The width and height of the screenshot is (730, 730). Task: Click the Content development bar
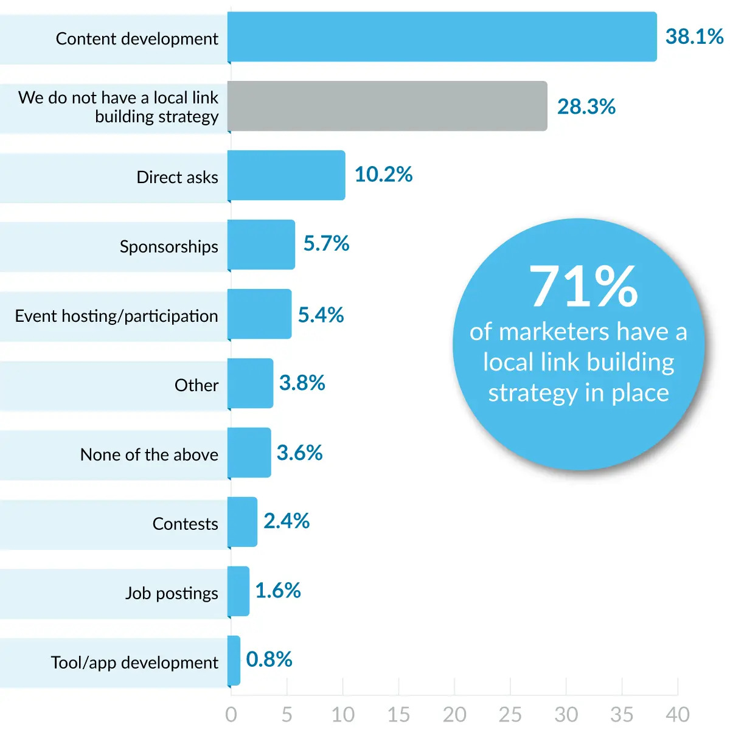click(442, 36)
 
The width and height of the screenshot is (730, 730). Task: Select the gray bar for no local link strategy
click(388, 106)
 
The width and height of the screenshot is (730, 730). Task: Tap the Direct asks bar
click(287, 175)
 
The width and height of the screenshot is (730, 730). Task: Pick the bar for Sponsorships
click(262, 245)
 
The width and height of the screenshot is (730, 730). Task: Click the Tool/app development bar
click(234, 661)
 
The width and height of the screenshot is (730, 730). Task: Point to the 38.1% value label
click(694, 36)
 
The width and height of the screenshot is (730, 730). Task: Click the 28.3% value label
click(586, 106)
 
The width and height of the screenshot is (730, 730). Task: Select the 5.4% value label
click(321, 315)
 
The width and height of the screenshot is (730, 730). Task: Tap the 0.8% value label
click(269, 659)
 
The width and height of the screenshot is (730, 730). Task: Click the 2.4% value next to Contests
click(287, 521)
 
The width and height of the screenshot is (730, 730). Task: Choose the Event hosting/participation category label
click(116, 316)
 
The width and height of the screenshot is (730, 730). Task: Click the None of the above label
click(149, 454)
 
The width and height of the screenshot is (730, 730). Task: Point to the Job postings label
click(172, 593)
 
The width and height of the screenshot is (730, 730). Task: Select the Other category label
click(196, 385)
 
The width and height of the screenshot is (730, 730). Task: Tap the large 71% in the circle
click(583, 287)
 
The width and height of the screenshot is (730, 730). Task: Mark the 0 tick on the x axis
click(231, 714)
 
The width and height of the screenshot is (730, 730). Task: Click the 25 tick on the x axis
click(510, 714)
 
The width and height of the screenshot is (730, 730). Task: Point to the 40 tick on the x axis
click(677, 714)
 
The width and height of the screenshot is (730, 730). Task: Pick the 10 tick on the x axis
click(342, 714)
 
